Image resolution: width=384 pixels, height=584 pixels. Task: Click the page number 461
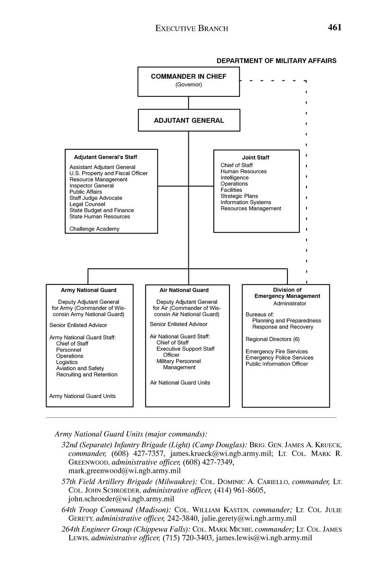334,28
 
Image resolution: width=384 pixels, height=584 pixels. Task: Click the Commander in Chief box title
188,77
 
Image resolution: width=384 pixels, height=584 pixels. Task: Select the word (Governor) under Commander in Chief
188,85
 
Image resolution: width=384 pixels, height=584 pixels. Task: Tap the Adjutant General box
189,121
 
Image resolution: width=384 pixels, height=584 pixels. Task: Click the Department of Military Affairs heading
276,61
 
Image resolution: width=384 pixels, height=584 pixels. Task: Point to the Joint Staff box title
256,157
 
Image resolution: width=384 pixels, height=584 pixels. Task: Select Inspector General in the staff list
91,186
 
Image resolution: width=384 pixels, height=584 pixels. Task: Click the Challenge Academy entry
94,229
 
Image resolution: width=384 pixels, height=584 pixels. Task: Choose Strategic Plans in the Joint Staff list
239,196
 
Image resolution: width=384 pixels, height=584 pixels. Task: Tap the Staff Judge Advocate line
96,198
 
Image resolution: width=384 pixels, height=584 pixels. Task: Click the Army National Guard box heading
88,290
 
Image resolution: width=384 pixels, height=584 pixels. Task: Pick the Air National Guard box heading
184,290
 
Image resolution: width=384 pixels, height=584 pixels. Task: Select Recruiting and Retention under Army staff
87,375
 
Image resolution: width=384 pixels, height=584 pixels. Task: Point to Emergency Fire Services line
276,352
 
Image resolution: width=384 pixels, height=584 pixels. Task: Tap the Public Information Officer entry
276,364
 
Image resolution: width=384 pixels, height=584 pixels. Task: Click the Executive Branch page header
191,29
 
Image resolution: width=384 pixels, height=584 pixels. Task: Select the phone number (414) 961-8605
240,490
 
